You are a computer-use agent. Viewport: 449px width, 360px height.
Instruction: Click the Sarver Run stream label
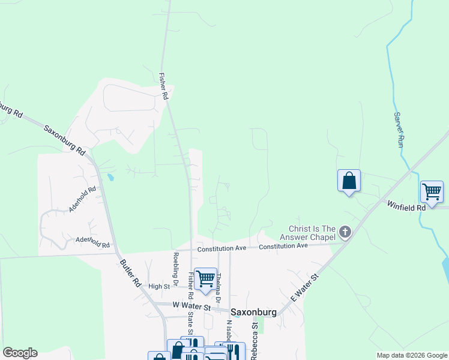pyautogui.click(x=397, y=130)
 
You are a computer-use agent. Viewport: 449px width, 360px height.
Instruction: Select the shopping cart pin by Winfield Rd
pyautogui.click(x=432, y=192)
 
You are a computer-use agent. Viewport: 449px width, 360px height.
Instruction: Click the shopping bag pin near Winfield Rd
pyautogui.click(x=349, y=181)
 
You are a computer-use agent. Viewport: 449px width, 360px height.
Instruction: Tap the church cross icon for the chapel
pyautogui.click(x=345, y=231)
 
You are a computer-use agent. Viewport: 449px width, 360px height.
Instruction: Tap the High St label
pyautogui.click(x=160, y=287)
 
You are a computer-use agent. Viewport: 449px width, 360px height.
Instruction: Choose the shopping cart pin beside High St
pyautogui.click(x=206, y=278)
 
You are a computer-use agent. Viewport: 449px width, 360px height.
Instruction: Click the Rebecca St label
pyautogui.click(x=255, y=341)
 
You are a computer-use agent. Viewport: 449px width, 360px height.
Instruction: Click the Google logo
pyautogui.click(x=19, y=353)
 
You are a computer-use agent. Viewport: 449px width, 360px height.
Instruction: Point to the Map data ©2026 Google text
pyautogui.click(x=411, y=355)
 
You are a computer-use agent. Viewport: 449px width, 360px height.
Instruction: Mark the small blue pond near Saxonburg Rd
pyautogui.click(x=110, y=177)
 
